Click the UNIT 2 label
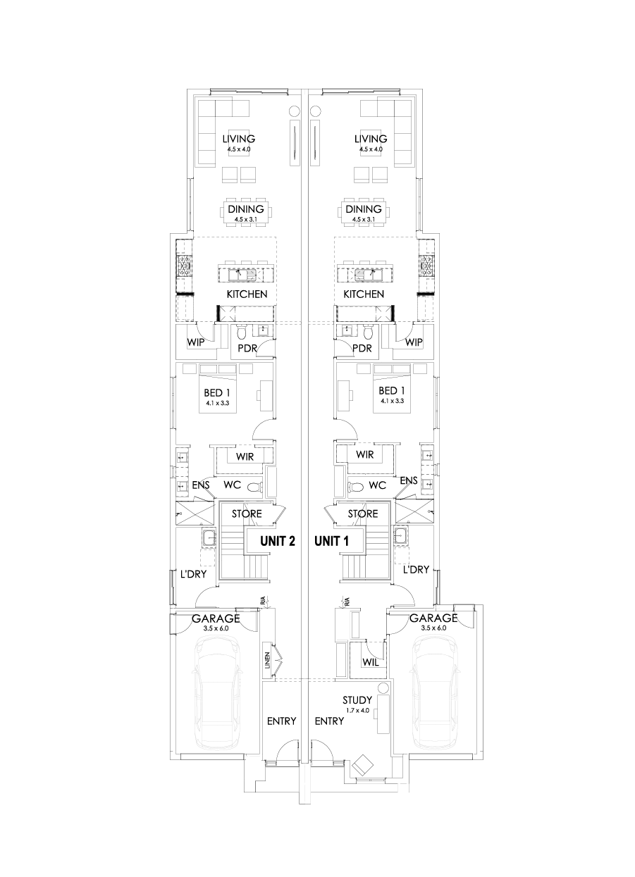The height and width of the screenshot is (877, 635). click(x=277, y=541)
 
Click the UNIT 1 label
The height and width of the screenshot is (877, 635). click(x=331, y=541)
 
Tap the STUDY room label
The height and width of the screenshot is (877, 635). click(x=357, y=700)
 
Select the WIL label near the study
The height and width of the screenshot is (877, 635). click(x=371, y=662)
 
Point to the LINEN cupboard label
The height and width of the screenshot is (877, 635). click(x=268, y=659)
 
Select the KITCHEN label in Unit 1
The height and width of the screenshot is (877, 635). click(x=364, y=294)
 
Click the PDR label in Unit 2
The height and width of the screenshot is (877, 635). click(x=247, y=349)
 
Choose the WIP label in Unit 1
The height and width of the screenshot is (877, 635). click(x=414, y=342)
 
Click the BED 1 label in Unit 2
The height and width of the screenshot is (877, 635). click(x=218, y=392)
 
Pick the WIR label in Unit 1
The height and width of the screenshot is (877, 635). click(x=364, y=454)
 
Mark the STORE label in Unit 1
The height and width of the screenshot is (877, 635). click(x=364, y=514)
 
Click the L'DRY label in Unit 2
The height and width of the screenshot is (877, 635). click(x=192, y=575)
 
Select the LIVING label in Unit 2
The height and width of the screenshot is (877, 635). click(x=238, y=139)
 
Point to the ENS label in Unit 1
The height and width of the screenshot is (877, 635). click(x=408, y=481)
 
